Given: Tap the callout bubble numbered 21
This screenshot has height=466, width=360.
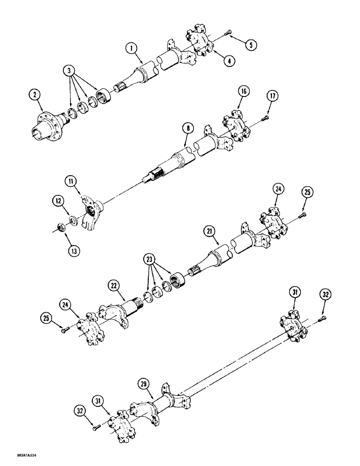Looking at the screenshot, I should point(209,230).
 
